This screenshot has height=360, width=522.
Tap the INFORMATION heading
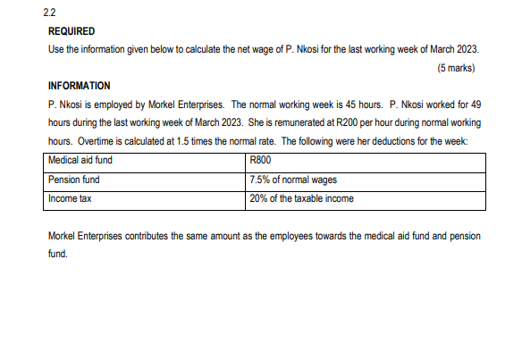(79, 86)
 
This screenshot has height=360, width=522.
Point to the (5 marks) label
(456, 67)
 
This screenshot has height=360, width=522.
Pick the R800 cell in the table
(261, 161)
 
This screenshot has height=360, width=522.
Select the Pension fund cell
(74, 180)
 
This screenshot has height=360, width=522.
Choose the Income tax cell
(70, 198)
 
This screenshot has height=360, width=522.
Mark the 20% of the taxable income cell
(302, 198)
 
